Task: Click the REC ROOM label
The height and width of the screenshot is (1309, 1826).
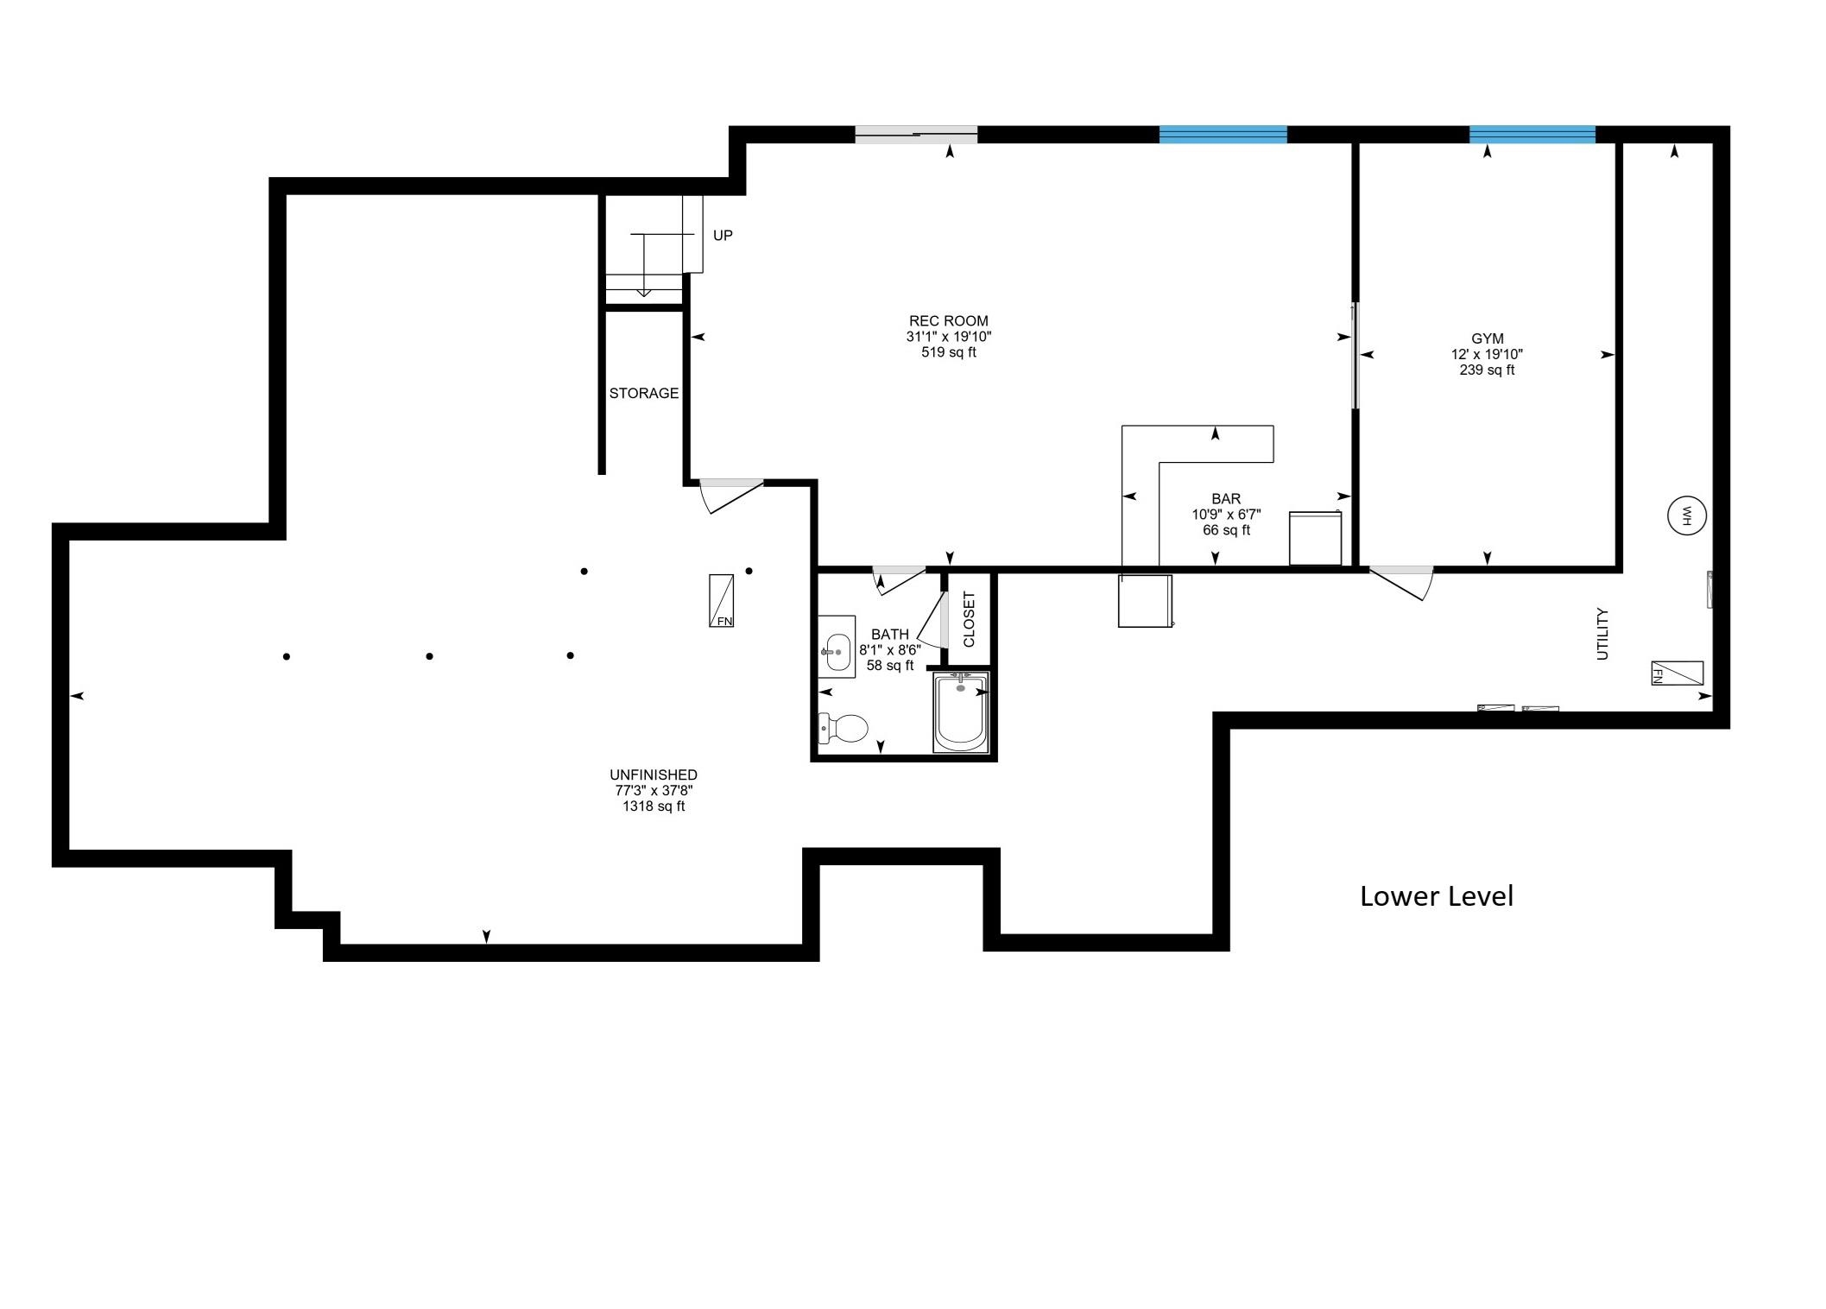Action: (x=948, y=321)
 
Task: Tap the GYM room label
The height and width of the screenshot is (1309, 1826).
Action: (x=1487, y=339)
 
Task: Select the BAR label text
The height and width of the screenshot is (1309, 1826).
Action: (x=1226, y=499)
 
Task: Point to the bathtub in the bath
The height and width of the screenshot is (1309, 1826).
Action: (x=961, y=713)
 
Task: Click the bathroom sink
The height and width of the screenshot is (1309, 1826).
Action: (x=837, y=647)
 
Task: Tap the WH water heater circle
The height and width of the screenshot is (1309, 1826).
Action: (x=1685, y=516)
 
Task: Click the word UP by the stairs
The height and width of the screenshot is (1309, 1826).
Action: (x=723, y=236)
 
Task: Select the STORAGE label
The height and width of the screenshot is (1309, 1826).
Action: (x=643, y=394)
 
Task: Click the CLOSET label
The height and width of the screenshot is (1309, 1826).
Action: (x=969, y=619)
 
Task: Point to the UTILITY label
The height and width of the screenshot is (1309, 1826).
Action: (x=1602, y=634)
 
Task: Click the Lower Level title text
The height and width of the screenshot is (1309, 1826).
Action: (x=1436, y=896)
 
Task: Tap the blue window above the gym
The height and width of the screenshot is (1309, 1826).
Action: (x=1532, y=134)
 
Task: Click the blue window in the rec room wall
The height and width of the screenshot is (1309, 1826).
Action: (x=1223, y=134)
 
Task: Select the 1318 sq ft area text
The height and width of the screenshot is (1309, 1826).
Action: (x=654, y=806)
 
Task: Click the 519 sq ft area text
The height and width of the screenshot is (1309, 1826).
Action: (x=948, y=352)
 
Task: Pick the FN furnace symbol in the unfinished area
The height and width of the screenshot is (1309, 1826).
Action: (x=721, y=600)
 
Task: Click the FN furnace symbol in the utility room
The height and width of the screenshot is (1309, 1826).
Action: (x=1677, y=673)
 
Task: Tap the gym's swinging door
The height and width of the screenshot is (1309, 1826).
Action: (x=1400, y=583)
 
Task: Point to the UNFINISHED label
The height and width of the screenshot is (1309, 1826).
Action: (x=654, y=775)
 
